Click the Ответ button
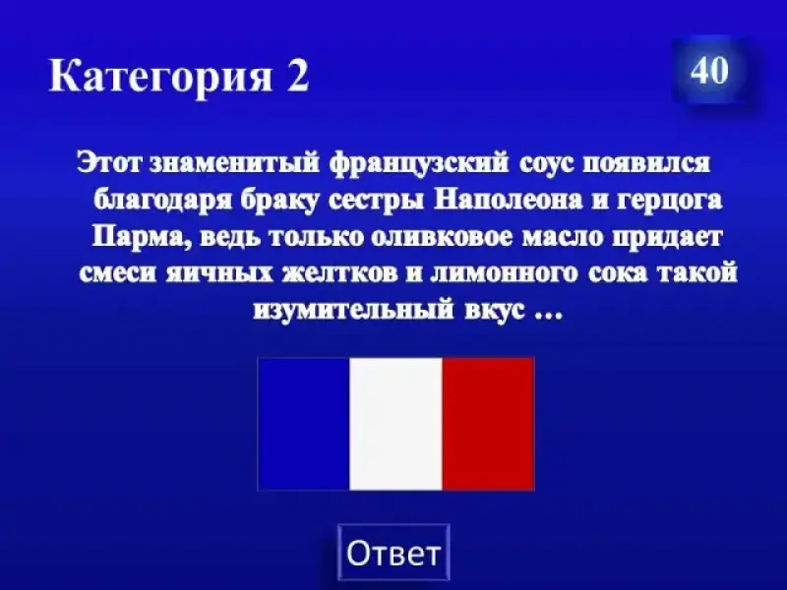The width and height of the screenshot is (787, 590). tap(393, 553)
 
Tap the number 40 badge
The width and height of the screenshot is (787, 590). tap(709, 70)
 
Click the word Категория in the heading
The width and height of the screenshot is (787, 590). tap(160, 76)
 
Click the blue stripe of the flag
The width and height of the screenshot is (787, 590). tap(304, 424)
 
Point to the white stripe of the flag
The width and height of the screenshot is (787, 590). tap(396, 424)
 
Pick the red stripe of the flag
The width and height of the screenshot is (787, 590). tap(488, 424)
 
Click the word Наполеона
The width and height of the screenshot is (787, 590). tap(509, 201)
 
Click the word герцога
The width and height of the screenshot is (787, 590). tap(671, 202)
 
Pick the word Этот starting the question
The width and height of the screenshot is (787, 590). tap(109, 164)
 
